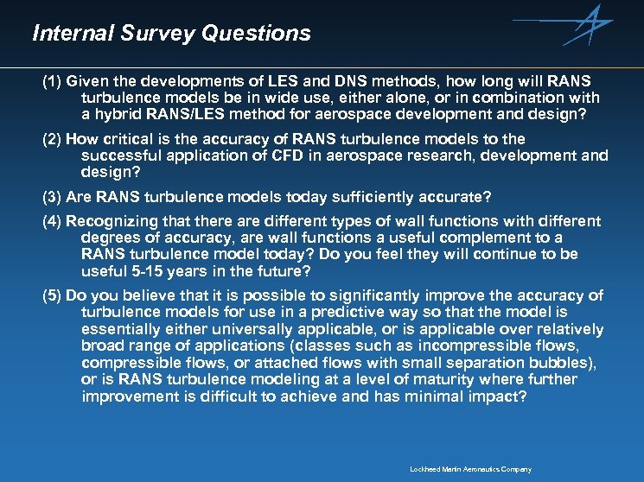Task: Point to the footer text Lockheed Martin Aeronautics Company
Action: click(x=470, y=470)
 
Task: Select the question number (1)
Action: click(x=53, y=82)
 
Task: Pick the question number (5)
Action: click(x=53, y=295)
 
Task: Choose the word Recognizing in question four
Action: click(x=110, y=221)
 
